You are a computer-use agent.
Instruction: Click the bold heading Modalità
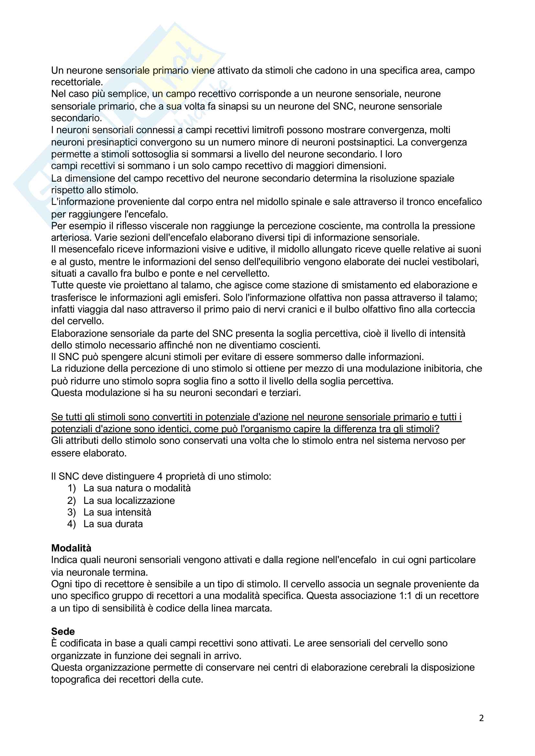[x=71, y=548]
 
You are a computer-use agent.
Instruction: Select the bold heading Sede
[x=63, y=631]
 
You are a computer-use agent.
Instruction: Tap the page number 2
[x=481, y=718]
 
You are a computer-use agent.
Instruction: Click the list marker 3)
[x=71, y=512]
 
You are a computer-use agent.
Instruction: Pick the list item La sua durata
[x=113, y=524]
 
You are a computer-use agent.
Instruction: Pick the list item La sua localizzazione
[x=129, y=500]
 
